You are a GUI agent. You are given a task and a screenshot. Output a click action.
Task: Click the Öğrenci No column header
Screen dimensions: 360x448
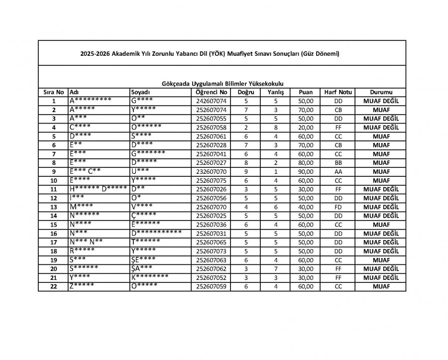point(212,93)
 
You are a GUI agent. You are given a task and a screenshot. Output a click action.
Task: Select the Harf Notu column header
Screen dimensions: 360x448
point(338,93)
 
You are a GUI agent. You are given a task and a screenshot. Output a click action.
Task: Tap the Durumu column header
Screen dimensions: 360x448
point(381,93)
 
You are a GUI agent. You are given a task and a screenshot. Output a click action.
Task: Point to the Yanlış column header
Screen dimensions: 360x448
point(275,93)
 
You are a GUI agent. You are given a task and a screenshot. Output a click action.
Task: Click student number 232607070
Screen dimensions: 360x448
point(212,171)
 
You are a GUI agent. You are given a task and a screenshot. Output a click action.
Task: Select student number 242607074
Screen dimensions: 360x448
point(212,101)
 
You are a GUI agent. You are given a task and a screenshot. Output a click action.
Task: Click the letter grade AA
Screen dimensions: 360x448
point(338,171)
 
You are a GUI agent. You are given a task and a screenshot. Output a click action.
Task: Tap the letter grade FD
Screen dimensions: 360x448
point(338,207)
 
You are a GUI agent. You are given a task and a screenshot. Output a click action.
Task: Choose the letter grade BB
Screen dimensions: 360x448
point(338,163)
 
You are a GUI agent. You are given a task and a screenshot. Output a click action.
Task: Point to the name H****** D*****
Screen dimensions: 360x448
point(95,188)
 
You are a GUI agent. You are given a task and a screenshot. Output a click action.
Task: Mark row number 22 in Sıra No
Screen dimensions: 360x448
point(53,287)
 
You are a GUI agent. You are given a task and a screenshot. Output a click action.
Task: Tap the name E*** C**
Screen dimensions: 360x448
point(86,171)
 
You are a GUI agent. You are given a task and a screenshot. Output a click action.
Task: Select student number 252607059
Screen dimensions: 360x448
point(212,287)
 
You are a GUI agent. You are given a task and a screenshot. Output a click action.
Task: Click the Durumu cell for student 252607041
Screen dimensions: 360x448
point(381,154)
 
